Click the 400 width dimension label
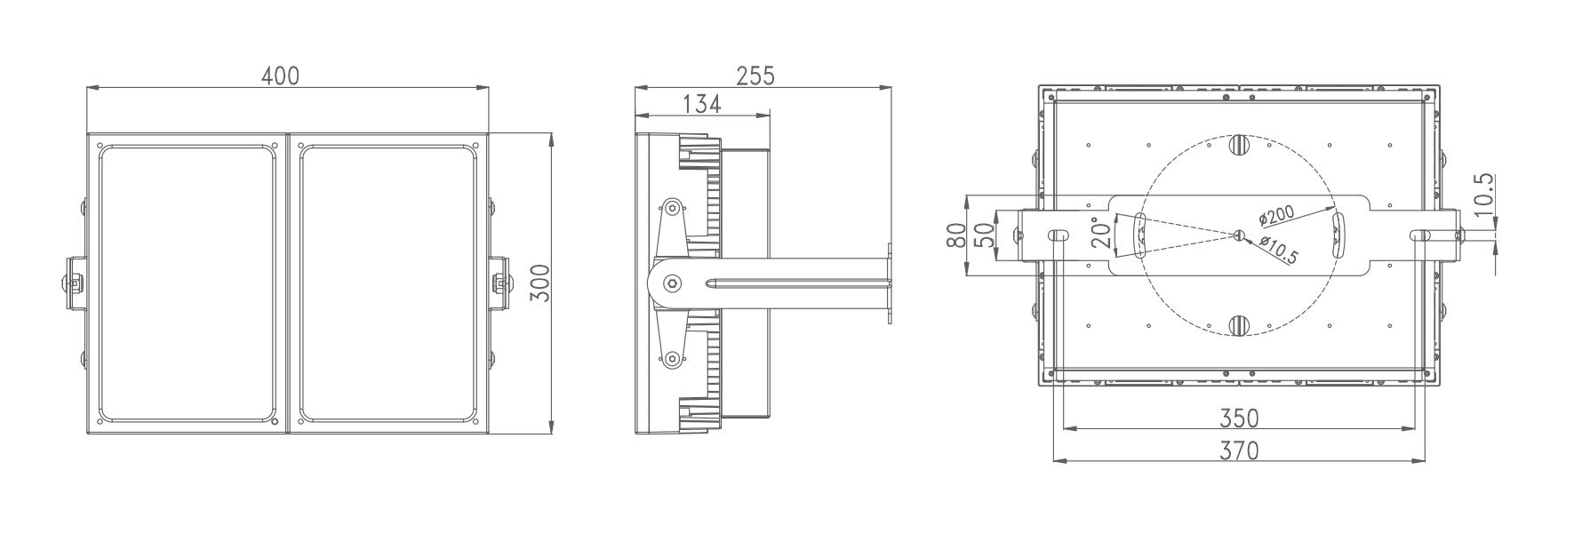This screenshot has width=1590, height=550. [280, 76]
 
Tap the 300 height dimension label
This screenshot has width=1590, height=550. [540, 283]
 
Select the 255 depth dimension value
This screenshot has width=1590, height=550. [755, 76]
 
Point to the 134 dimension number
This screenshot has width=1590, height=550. [702, 104]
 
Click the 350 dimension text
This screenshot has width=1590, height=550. [1240, 418]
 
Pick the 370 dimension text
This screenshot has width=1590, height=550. [1240, 451]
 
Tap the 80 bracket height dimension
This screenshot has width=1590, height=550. [956, 235]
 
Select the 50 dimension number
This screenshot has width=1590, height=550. [985, 235]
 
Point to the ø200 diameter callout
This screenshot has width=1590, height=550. [1276, 214]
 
